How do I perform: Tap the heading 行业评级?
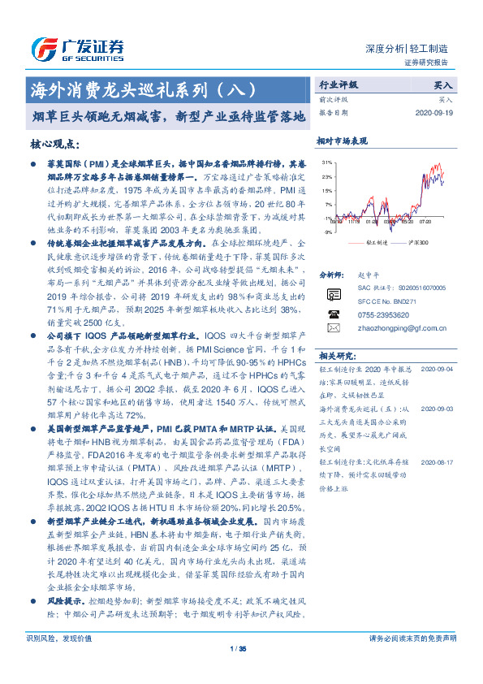[339, 84]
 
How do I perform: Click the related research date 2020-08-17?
[439, 462]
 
